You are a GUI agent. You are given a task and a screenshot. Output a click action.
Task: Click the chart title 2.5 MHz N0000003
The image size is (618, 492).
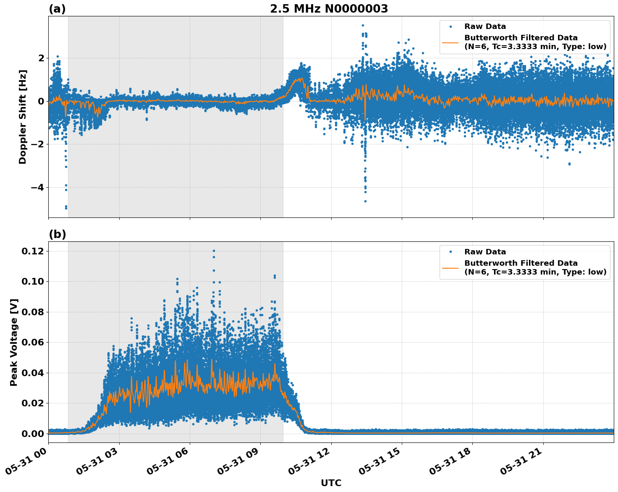[x=329, y=9]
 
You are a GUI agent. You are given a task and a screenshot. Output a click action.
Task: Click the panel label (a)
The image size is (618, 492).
[x=57, y=9]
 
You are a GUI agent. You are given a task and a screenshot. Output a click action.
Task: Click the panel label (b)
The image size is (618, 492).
[x=57, y=234]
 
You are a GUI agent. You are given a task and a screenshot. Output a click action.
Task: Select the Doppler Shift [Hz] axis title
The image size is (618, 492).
[x=23, y=117]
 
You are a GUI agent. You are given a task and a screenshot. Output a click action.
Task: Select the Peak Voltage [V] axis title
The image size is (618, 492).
[x=14, y=342]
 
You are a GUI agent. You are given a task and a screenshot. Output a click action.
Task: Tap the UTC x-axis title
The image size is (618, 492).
[x=331, y=483]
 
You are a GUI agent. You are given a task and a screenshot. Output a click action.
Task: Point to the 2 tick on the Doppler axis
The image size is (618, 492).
[x=41, y=58]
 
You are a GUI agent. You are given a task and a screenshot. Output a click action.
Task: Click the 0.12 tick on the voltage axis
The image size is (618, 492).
[x=32, y=251]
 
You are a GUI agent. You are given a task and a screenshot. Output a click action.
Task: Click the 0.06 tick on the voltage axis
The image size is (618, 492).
[x=32, y=342]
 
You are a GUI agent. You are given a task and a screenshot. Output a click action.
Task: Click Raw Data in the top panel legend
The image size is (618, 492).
[x=485, y=26]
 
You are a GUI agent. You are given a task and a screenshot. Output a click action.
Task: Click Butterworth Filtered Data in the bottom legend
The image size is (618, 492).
[x=521, y=263]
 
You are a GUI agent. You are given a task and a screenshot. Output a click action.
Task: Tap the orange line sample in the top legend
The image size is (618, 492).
[x=450, y=42]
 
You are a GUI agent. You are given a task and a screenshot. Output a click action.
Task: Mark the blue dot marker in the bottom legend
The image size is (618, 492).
[x=450, y=251]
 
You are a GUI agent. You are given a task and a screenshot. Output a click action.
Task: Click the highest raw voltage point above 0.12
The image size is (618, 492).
[x=214, y=251]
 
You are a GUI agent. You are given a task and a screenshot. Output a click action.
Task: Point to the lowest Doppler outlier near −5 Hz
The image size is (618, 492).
[x=66, y=208]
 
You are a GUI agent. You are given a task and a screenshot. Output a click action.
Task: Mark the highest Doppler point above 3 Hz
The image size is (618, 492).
[x=363, y=26]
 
